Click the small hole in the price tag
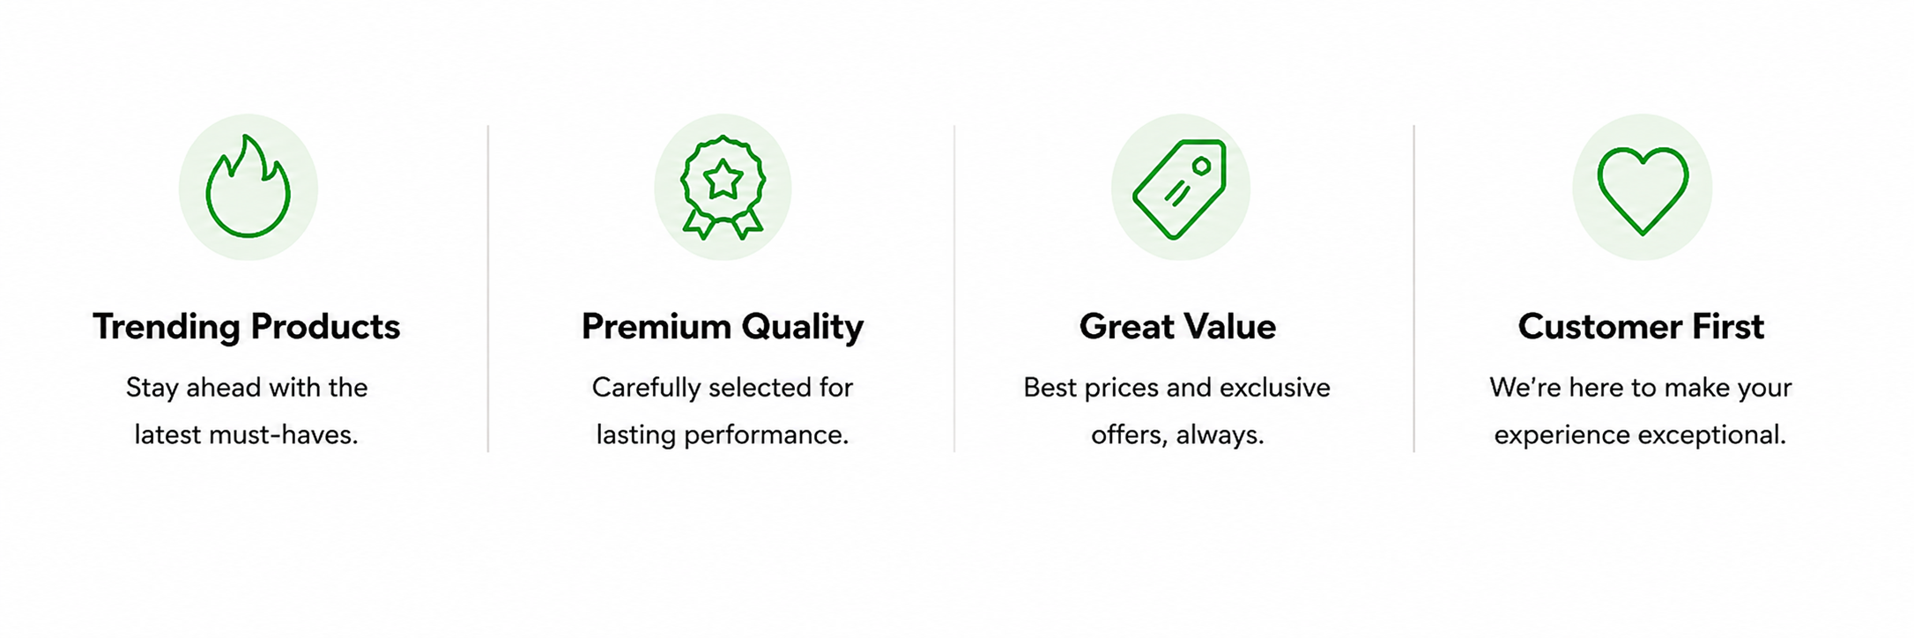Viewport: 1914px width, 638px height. [1201, 166]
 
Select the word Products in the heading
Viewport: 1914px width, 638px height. [325, 326]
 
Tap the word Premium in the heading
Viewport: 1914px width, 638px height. [656, 326]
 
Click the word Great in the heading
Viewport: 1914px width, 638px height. [1125, 326]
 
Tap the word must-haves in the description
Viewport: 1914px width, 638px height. [283, 434]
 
